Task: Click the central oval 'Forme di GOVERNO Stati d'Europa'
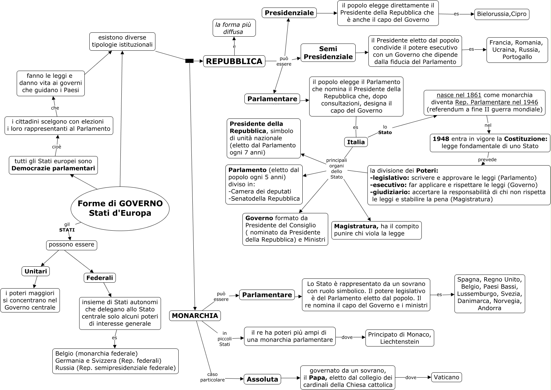[120, 208]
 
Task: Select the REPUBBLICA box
[234, 61]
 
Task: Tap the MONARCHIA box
[195, 316]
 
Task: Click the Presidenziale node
[289, 13]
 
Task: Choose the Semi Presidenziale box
[328, 53]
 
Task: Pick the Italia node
[356, 142]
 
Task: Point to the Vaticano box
[447, 377]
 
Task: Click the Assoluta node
[262, 379]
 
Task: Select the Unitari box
[36, 271]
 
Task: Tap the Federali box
[99, 278]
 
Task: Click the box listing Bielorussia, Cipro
[502, 14]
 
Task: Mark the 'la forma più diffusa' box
[234, 28]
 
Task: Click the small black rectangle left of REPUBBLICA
[189, 61]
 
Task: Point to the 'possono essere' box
[71, 245]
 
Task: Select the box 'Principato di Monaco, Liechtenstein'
[400, 338]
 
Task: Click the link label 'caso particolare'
[212, 377]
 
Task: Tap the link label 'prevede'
[487, 160]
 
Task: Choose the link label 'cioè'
[57, 147]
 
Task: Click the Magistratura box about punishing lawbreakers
[376, 230]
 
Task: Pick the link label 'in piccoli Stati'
[224, 339]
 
